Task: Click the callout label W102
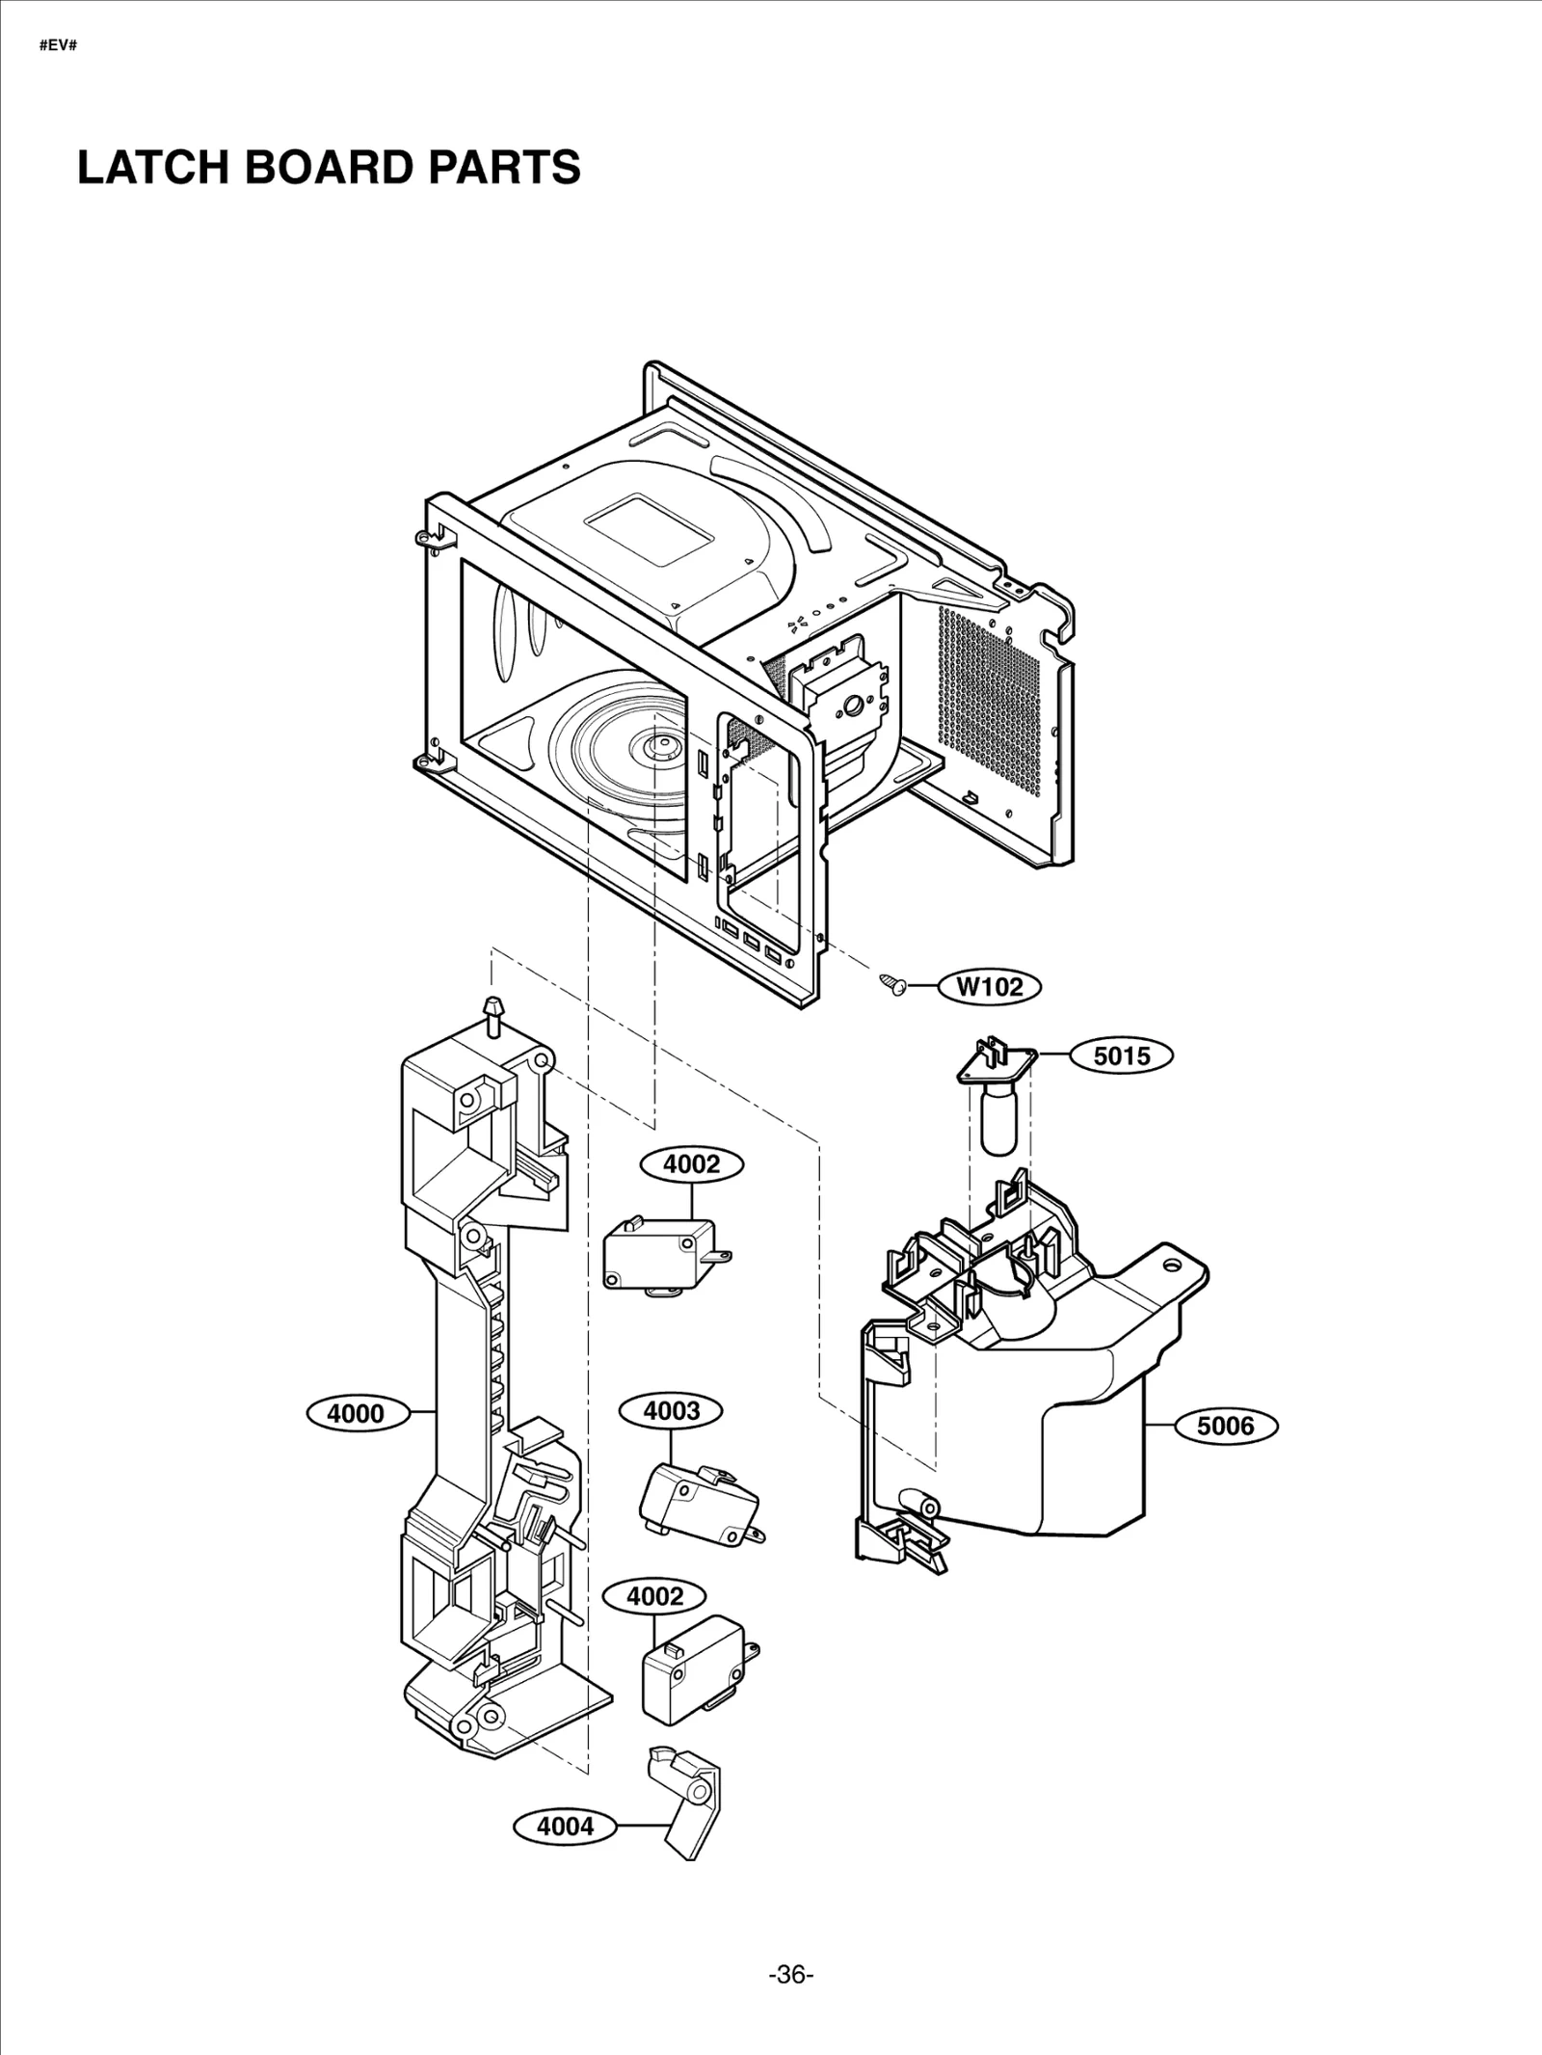point(990,986)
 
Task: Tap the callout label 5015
point(1121,1055)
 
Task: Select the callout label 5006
point(1225,1426)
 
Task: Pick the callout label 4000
point(356,1414)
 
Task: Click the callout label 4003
point(671,1411)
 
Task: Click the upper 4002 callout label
point(692,1164)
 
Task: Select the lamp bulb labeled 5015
point(998,1118)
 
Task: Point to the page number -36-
point(790,1975)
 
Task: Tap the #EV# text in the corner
point(58,45)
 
